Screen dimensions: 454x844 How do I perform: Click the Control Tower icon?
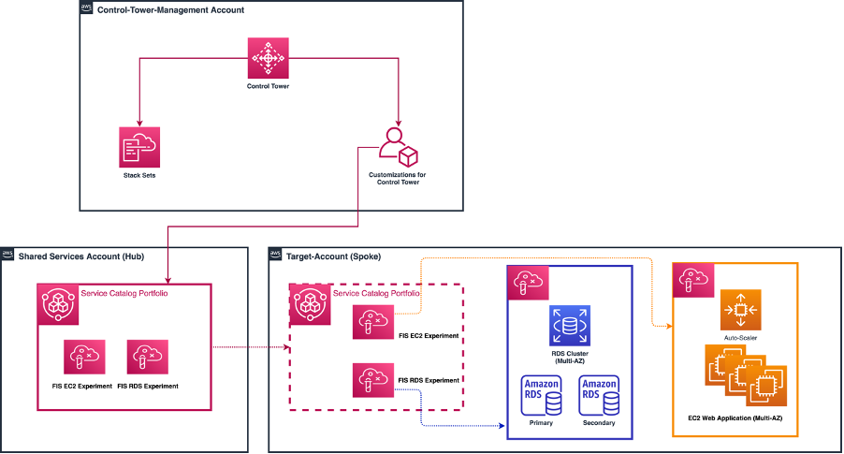tap(269, 58)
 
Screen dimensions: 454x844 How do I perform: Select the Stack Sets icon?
tap(139, 147)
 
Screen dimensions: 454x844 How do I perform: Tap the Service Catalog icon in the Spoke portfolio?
tap(311, 303)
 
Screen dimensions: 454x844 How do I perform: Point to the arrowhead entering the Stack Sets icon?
tap(139, 123)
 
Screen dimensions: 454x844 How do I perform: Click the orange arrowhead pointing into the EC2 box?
tap(668, 326)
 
